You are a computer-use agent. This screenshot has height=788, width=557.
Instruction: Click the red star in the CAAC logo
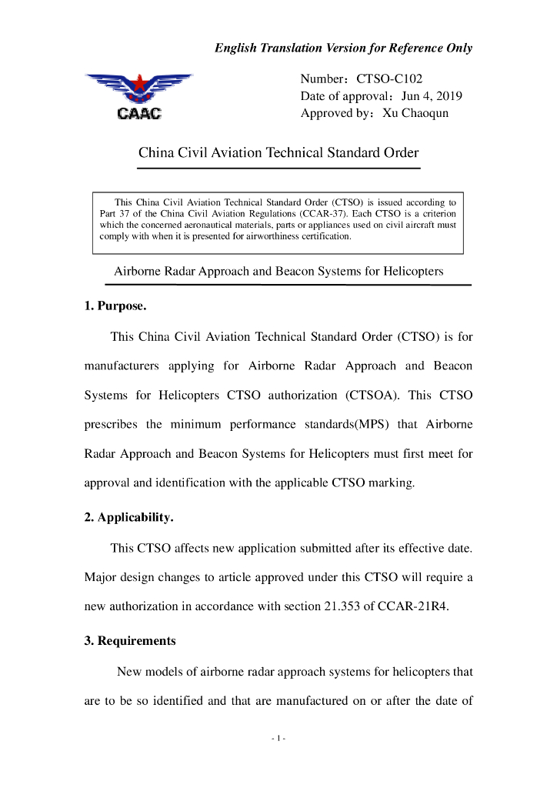coord(139,81)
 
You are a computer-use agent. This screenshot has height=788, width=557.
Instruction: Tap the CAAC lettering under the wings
coord(139,115)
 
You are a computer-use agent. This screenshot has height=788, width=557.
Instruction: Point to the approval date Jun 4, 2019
coord(432,96)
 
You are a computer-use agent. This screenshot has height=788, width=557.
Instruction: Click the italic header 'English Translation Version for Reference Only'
coord(343,48)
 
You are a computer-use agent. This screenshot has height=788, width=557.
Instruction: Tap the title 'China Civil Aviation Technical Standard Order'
coord(278,152)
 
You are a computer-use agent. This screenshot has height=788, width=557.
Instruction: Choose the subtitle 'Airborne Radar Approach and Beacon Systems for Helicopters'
coord(278,272)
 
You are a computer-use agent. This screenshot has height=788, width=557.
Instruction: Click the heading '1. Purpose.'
coord(115,306)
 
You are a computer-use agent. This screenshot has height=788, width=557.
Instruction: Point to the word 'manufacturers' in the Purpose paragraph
coord(122,366)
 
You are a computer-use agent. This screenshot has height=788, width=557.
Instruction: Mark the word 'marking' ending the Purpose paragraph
coord(394,483)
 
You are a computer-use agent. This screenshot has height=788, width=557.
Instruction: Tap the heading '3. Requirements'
coord(130,640)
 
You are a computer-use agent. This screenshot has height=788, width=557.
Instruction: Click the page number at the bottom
coord(278,739)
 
